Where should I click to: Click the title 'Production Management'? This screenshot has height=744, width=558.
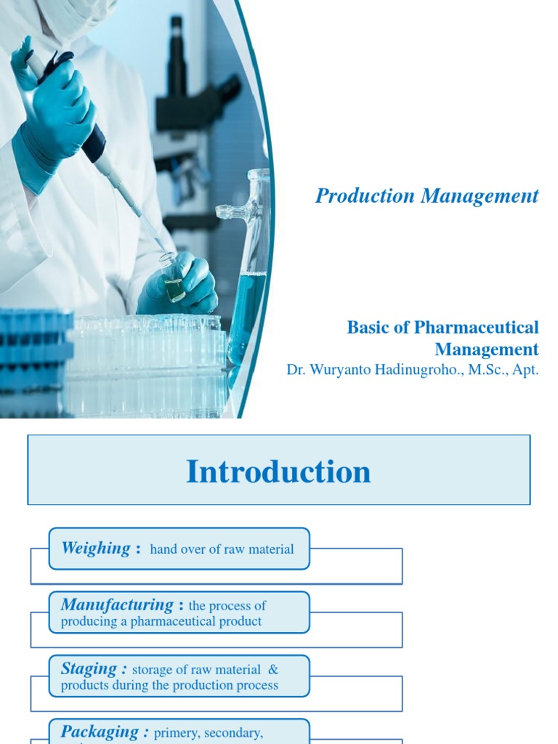[x=426, y=195]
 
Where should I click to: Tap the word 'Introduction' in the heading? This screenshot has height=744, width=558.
[x=278, y=472]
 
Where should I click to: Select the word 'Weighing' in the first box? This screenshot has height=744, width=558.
[x=96, y=548]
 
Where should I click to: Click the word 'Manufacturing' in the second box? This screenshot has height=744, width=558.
[x=117, y=604]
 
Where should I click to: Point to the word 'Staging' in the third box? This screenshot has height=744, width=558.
[x=89, y=668]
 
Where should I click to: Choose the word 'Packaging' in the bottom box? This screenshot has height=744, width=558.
[x=100, y=732]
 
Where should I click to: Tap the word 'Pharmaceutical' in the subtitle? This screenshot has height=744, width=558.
[x=477, y=328]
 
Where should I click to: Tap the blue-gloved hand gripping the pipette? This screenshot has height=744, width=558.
[x=54, y=116]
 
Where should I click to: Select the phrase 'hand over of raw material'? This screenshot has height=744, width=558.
[x=222, y=549]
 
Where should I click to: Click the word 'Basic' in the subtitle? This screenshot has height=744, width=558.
[x=368, y=328]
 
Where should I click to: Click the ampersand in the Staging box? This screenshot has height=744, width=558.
[x=272, y=670]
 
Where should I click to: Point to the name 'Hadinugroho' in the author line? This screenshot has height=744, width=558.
[x=405, y=369]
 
